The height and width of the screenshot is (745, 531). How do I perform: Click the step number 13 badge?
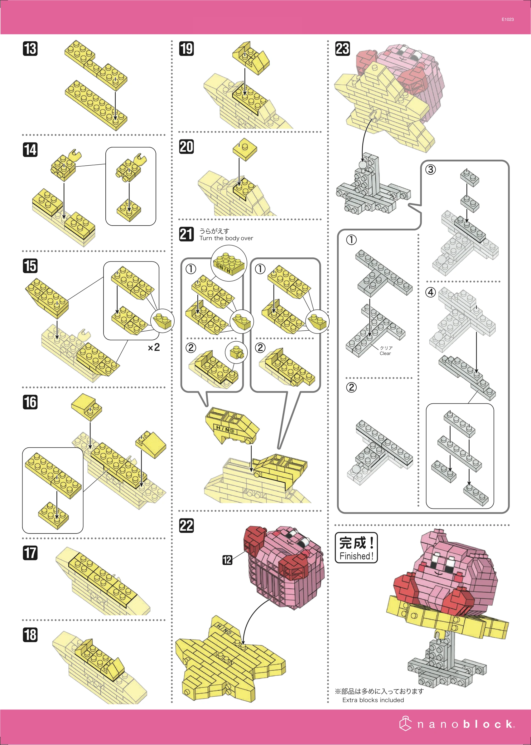tap(30, 48)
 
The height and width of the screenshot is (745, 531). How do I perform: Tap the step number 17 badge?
tap(30, 553)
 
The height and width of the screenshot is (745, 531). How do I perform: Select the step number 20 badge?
tap(186, 146)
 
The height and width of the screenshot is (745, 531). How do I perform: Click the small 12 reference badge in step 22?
tap(227, 560)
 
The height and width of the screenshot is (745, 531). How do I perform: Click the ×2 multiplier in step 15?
tap(154, 347)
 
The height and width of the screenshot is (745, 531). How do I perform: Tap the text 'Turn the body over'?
tap(226, 238)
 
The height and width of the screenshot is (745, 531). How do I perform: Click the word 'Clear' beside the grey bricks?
tap(385, 353)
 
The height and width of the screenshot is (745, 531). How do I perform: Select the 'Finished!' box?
tap(356, 548)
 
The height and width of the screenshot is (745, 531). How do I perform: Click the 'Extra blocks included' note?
tap(373, 700)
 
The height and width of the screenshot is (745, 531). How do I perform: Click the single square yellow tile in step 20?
tap(244, 149)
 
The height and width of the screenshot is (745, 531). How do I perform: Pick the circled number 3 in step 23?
tap(430, 169)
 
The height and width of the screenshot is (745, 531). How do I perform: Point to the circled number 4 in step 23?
tap(430, 292)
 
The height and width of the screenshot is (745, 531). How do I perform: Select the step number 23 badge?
tap(343, 48)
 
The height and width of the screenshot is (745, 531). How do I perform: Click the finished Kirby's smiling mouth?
tap(439, 573)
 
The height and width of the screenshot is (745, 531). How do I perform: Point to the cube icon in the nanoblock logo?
tap(405, 723)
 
